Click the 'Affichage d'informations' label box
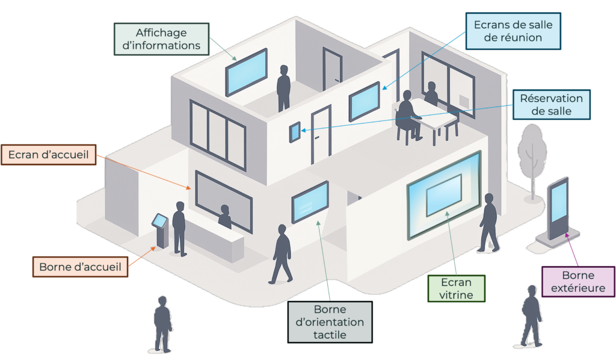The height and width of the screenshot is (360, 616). (161, 39)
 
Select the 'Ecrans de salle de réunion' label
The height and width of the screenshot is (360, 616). (513, 31)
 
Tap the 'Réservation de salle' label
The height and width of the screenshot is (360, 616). (551, 105)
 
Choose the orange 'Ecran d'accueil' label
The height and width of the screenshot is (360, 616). (48, 155)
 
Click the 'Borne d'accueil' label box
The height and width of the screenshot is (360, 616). (80, 265)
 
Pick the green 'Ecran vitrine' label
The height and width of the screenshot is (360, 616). (457, 288)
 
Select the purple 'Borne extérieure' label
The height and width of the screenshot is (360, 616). (578, 282)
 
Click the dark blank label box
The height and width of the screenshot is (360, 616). (330, 321)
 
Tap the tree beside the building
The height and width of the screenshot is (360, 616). (531, 154)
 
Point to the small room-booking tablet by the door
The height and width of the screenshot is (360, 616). (295, 132)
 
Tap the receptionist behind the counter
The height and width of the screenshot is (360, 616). (224, 217)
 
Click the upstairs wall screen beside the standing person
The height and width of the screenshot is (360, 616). (246, 72)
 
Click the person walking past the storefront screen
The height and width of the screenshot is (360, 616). (488, 222)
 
